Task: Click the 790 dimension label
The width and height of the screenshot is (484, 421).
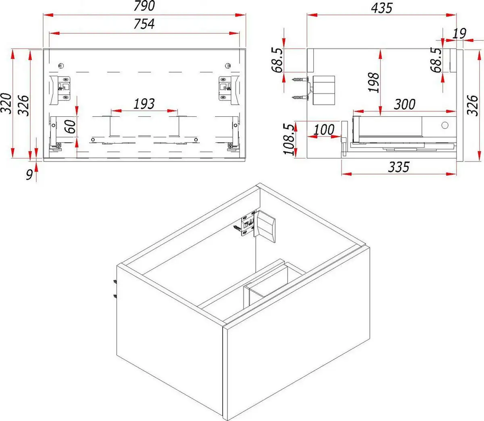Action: click(x=144, y=6)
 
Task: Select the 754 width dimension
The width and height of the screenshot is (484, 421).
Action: click(x=144, y=24)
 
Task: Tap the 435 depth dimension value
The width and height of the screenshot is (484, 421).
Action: click(x=382, y=8)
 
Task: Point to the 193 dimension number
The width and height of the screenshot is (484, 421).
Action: click(x=144, y=104)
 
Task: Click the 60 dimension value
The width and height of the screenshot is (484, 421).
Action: click(x=70, y=127)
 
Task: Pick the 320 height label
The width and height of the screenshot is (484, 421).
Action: click(x=6, y=104)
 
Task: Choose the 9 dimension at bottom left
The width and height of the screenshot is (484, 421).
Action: click(x=29, y=175)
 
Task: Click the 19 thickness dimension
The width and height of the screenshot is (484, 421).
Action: click(x=459, y=33)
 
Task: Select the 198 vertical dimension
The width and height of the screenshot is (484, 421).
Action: click(x=373, y=82)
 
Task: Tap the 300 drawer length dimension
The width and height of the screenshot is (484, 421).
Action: click(x=405, y=104)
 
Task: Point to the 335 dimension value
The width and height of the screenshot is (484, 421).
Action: click(x=398, y=167)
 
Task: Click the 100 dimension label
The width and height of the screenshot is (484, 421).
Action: click(x=324, y=129)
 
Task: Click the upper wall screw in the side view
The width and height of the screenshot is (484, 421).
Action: click(x=300, y=79)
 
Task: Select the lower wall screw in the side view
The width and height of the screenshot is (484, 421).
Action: click(x=300, y=97)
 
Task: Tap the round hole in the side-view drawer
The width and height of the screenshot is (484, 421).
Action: click(x=445, y=125)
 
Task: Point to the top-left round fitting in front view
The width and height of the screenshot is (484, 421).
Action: click(x=61, y=66)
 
